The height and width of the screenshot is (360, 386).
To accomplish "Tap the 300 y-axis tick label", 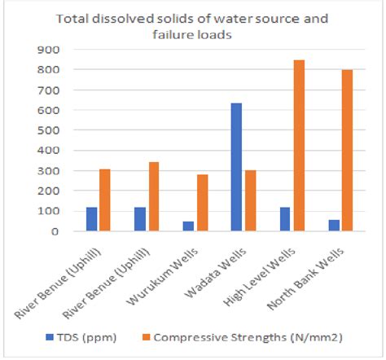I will (x=51, y=171).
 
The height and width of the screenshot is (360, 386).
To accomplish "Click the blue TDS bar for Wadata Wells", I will (x=235, y=167).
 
